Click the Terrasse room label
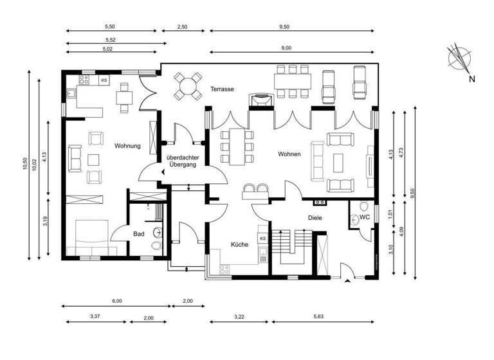pyautogui.click(x=221, y=89)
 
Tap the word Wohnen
pyautogui.click(x=289, y=154)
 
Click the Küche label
pyautogui.click(x=240, y=245)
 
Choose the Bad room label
pyautogui.click(x=139, y=234)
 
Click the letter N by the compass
pyautogui.click(x=471, y=80)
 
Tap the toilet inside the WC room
pyautogui.click(x=364, y=208)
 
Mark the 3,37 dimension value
pyautogui.click(x=94, y=318)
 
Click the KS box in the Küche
pyautogui.click(x=262, y=239)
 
